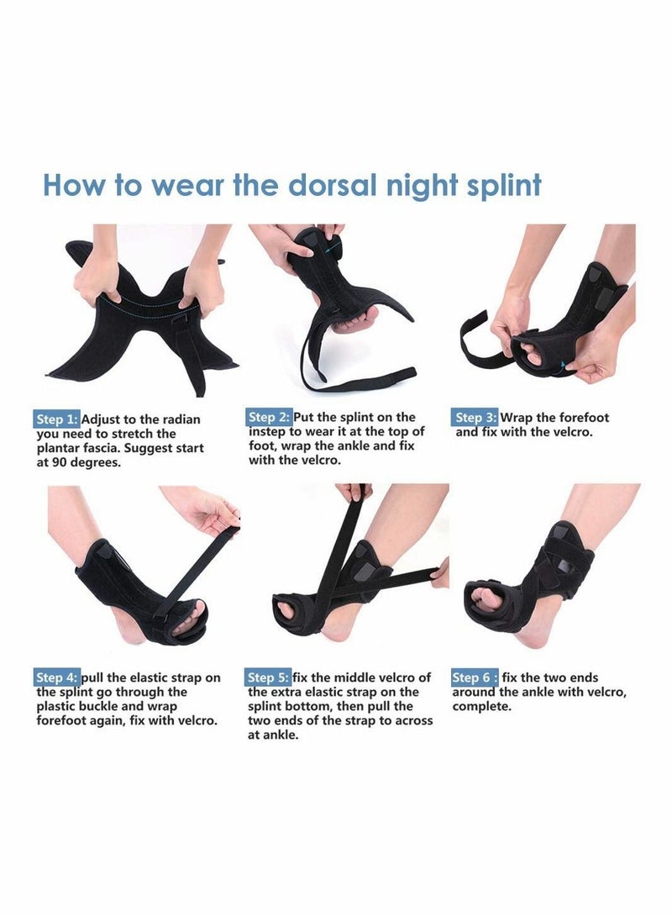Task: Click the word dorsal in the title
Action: point(323,184)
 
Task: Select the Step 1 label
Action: point(57,419)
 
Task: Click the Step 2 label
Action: point(269,417)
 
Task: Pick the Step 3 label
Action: point(475,418)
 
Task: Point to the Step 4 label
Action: point(57,677)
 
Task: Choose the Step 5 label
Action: point(269,677)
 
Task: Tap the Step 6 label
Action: point(475,677)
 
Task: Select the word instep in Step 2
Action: point(269,432)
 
